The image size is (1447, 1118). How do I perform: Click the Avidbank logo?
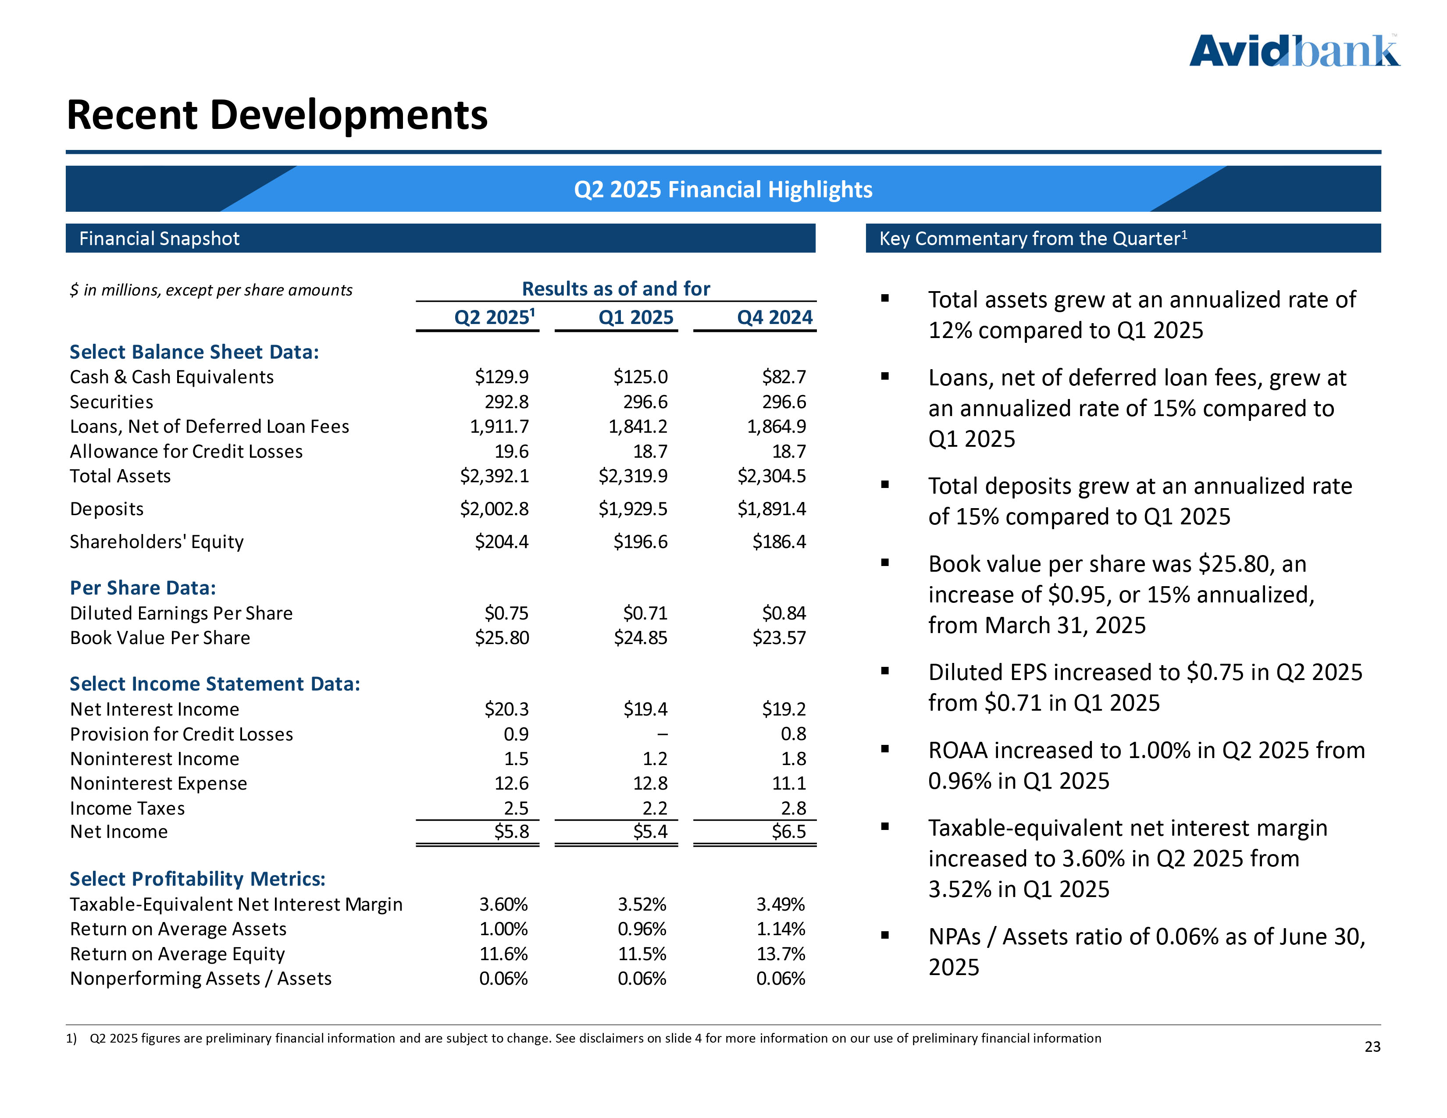coord(1294,52)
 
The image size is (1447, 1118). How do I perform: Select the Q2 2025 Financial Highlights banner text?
coord(723,189)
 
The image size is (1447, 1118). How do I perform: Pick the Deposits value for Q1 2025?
coord(633,509)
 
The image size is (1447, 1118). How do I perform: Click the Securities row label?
coord(111,402)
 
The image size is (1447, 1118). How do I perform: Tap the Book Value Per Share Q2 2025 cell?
coord(502,638)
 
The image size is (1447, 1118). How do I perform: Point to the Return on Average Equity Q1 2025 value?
coord(642,954)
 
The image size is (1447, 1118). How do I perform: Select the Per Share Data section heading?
coord(143,588)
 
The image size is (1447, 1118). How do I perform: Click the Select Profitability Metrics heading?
coord(197,879)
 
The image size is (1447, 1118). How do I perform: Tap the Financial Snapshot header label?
coord(159,239)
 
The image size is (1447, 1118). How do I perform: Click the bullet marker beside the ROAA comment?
coord(884,749)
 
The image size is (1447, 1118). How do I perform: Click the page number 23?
coord(1372,1047)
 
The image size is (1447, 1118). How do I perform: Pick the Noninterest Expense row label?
coord(158,783)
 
